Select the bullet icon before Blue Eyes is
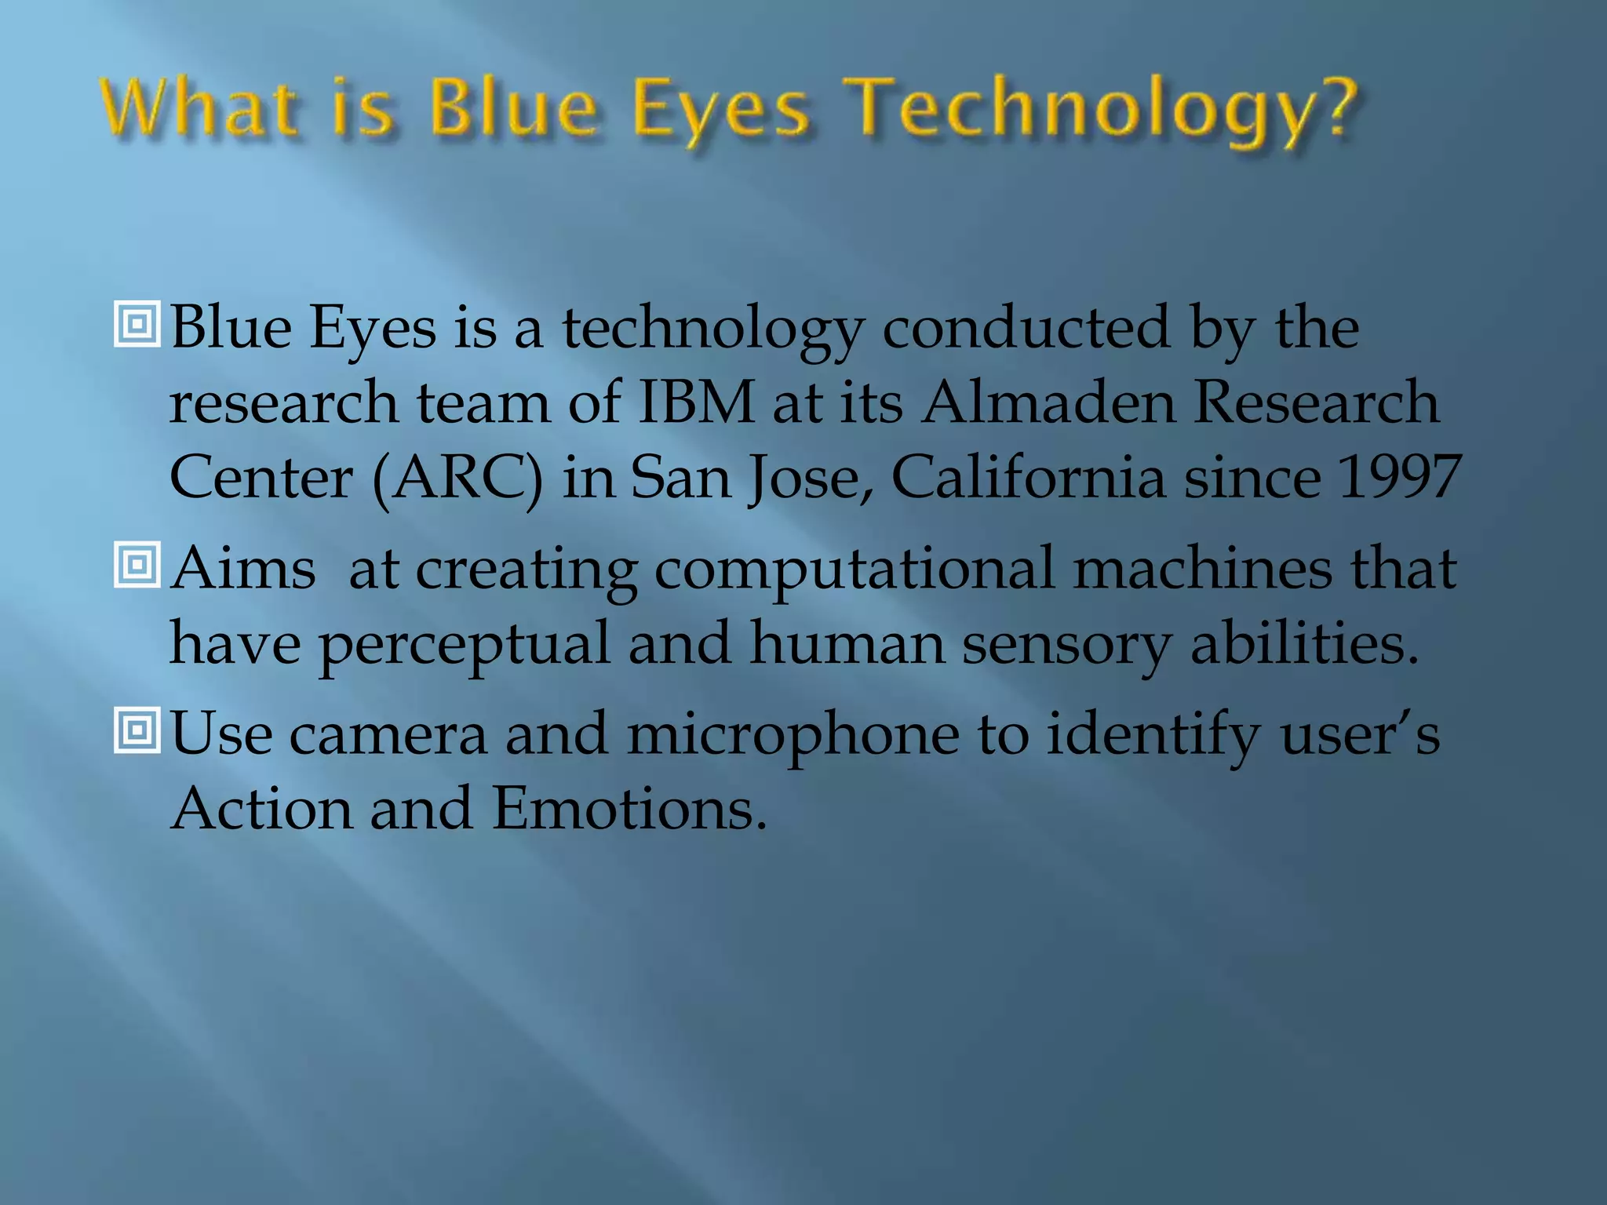pos(137,323)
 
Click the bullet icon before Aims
pos(137,564)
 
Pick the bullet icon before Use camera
pos(137,730)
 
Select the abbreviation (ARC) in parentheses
pos(457,479)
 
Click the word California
pos(1028,477)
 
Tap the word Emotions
pos(629,809)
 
